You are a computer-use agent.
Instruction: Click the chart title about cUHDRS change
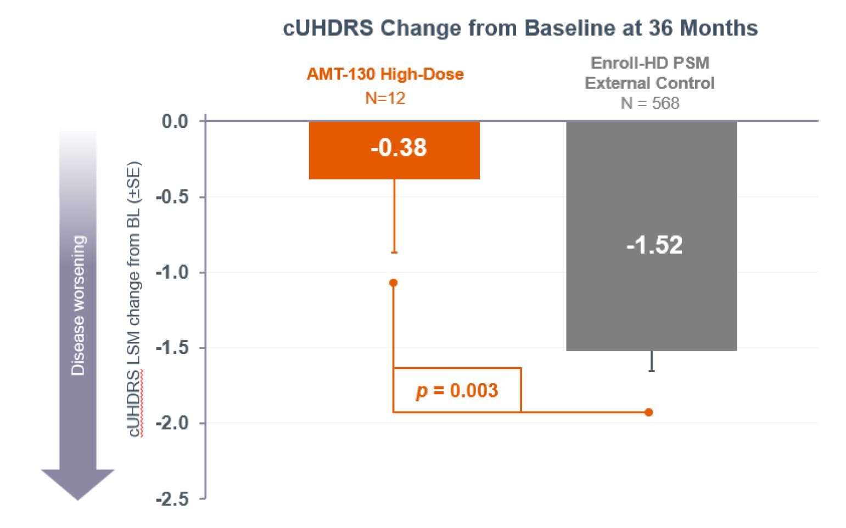[x=520, y=28]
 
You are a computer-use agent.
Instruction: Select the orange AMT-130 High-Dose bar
[x=394, y=150]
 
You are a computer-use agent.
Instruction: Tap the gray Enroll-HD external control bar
[x=652, y=235]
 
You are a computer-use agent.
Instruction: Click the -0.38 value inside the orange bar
[x=399, y=147]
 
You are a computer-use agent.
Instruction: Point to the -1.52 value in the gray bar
[x=654, y=245]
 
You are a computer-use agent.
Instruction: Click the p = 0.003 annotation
[x=457, y=391]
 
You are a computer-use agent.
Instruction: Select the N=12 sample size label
[x=385, y=98]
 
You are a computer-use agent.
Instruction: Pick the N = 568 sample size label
[x=650, y=103]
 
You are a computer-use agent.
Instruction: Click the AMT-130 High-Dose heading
[x=385, y=74]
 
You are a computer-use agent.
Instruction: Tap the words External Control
[x=649, y=83]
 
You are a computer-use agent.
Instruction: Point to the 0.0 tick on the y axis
[x=175, y=122]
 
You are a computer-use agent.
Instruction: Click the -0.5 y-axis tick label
[x=172, y=197]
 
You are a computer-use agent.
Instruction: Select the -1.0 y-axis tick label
[x=172, y=272]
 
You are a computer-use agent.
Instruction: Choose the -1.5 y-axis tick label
[x=172, y=348]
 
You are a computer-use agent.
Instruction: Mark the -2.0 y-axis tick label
[x=172, y=423]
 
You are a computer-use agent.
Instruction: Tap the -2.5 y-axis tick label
[x=172, y=499]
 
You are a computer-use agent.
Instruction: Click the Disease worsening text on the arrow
[x=78, y=306]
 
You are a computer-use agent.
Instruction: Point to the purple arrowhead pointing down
[x=78, y=485]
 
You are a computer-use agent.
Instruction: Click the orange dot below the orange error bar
[x=394, y=283]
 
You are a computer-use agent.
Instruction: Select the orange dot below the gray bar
[x=649, y=412]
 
